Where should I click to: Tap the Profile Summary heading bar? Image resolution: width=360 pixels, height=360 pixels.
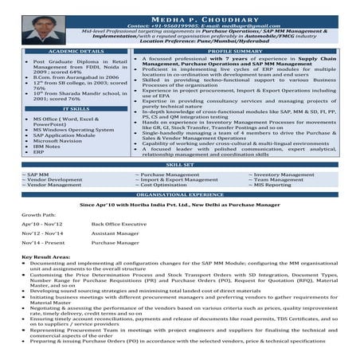[235, 51]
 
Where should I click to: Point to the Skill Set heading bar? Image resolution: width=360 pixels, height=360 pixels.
[180, 165]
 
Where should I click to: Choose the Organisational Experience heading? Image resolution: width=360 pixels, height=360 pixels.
[180, 194]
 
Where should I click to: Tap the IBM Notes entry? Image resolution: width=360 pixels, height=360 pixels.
[47, 146]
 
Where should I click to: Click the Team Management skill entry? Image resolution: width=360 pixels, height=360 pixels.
[278, 179]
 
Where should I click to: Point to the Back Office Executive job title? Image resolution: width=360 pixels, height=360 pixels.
[119, 224]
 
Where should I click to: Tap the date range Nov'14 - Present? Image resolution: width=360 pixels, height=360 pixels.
[43, 242]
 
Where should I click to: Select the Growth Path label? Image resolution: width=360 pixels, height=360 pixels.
[40, 215]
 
